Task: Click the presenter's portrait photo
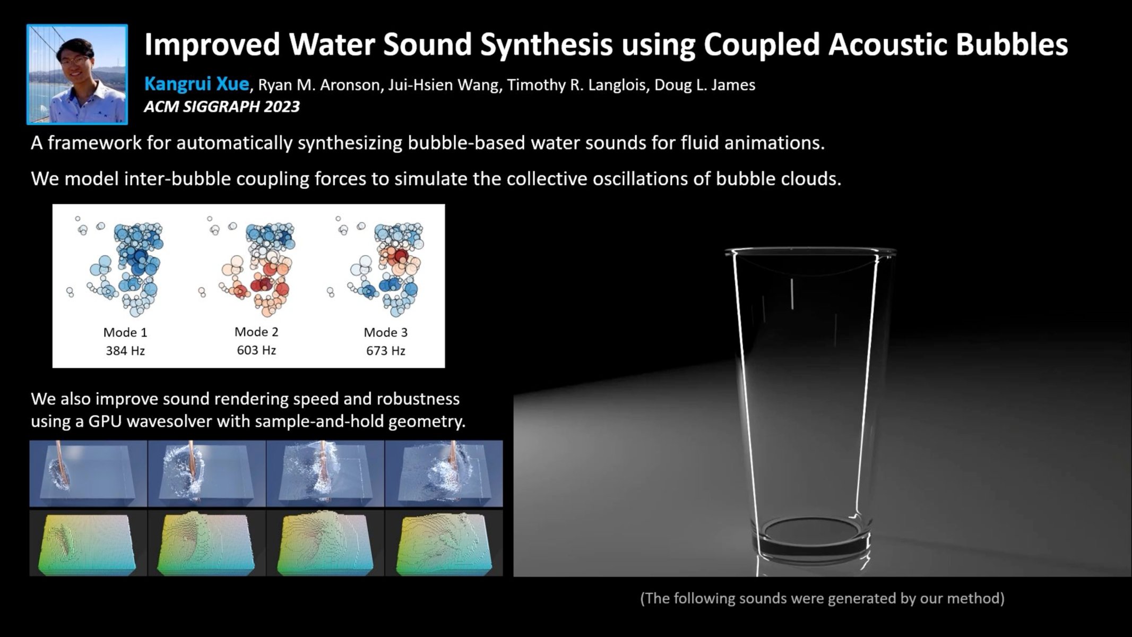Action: [x=77, y=74]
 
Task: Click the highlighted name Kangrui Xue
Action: [x=196, y=84]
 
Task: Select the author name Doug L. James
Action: [x=704, y=85]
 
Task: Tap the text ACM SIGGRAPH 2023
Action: [x=222, y=107]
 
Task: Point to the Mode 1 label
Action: [x=125, y=333]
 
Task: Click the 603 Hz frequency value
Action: [x=256, y=350]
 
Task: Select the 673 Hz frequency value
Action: [x=386, y=351]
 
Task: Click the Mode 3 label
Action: [x=386, y=333]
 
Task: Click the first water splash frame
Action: [x=88, y=474]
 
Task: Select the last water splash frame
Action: [x=444, y=474]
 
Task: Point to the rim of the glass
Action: [x=810, y=251]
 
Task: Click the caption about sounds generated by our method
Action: [x=822, y=598]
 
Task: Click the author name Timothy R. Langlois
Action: [x=578, y=85]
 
